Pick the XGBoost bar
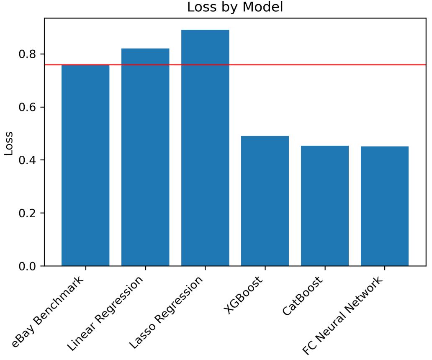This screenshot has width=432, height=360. coord(265,201)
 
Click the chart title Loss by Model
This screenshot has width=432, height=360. coord(235,8)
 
